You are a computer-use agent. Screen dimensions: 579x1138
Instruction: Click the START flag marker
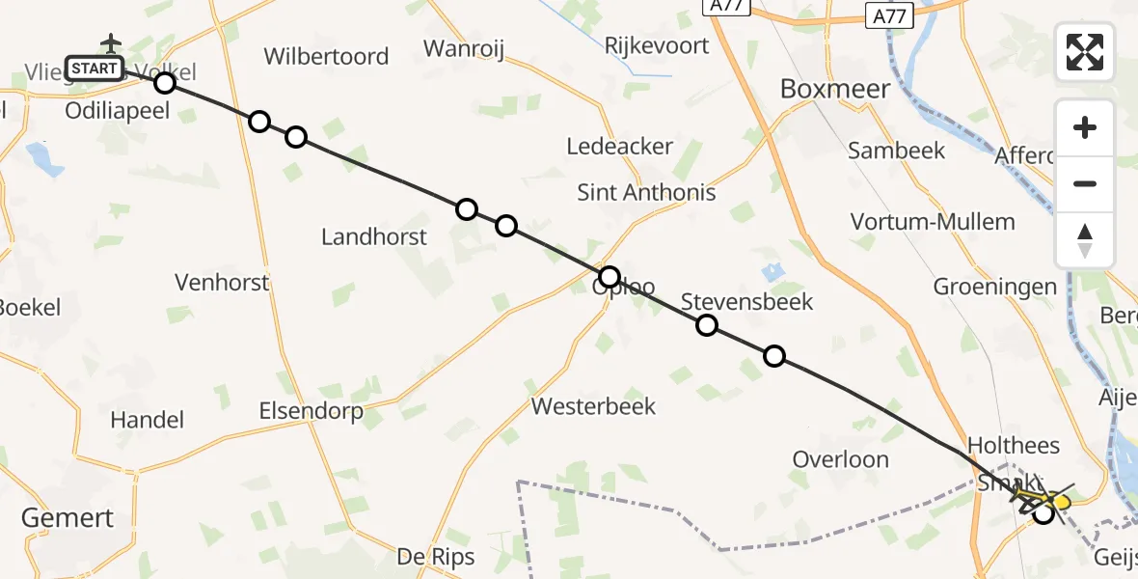coord(95,69)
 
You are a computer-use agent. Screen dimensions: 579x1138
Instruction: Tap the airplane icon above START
coord(112,43)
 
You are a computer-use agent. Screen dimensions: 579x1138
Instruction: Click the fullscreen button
coord(1085,52)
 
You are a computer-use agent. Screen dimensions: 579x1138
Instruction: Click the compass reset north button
coord(1085,240)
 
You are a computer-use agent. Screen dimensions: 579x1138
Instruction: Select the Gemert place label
coord(68,518)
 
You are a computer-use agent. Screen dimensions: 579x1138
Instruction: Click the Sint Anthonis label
coord(646,192)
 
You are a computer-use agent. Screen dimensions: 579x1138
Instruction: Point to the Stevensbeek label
coord(747,302)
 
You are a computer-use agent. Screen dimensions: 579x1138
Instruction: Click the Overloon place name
coord(840,459)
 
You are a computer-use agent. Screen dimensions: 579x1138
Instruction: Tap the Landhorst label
coord(373,236)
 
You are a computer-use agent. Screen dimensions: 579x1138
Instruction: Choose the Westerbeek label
coord(593,406)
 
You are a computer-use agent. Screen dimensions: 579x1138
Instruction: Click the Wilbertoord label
coord(326,57)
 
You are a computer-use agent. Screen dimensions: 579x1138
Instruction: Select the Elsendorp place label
coord(311,412)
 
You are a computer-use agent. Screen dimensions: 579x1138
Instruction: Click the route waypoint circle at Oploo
coord(609,277)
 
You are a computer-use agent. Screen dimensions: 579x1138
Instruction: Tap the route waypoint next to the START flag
coord(165,82)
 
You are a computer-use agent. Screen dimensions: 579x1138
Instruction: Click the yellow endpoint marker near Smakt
coord(1061,502)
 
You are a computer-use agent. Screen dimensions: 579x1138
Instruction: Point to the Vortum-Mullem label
coord(933,222)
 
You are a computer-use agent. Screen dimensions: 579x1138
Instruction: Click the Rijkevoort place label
coord(656,45)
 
